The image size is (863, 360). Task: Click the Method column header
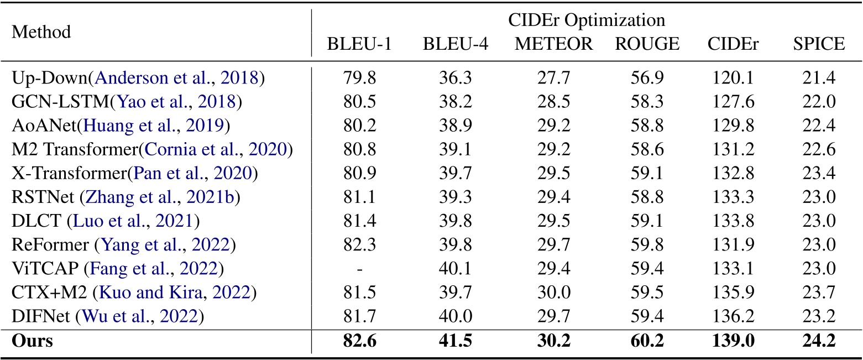(x=41, y=32)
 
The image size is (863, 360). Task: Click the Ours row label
(x=32, y=341)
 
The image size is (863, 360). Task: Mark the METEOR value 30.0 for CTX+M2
(x=553, y=293)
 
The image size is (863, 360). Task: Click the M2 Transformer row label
(x=71, y=149)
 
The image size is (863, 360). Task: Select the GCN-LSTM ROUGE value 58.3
(x=647, y=102)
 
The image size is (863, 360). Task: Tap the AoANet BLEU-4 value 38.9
(x=455, y=126)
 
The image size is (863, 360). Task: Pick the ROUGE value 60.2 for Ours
(x=647, y=341)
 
